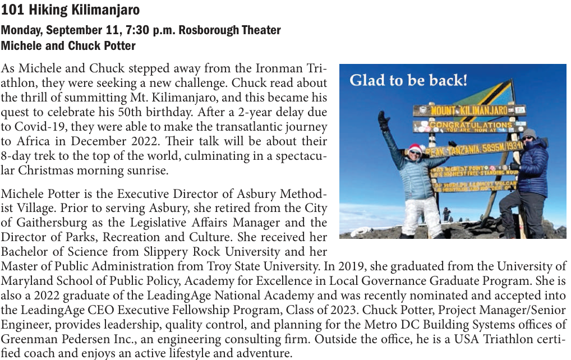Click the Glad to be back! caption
[408, 81]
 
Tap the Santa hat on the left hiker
[416, 149]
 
